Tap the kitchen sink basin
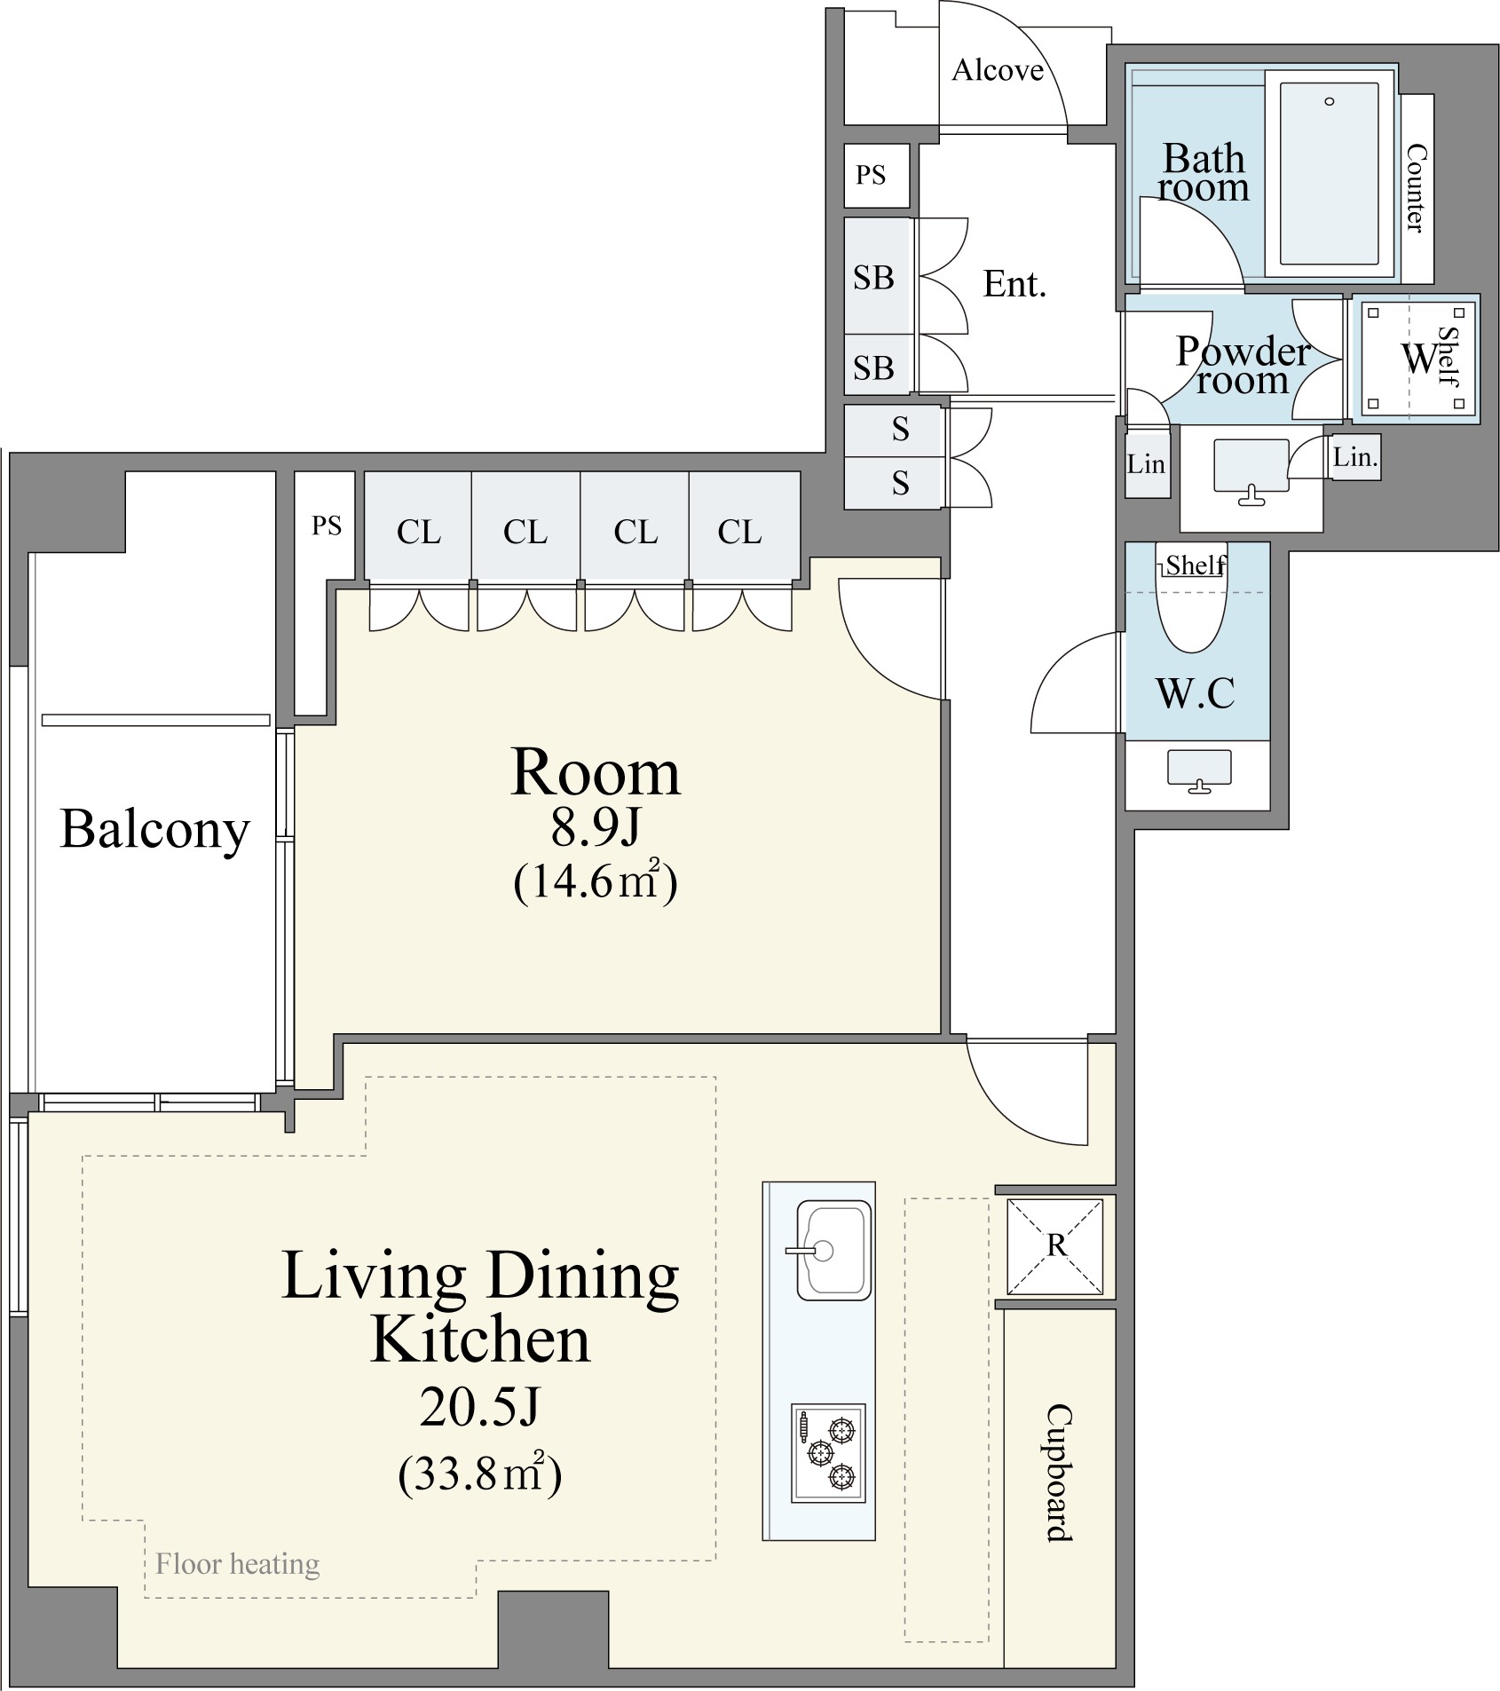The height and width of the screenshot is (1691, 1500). pos(833,1250)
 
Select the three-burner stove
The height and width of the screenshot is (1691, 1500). pos(828,1453)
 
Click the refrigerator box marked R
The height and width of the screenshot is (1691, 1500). pos(1055,1246)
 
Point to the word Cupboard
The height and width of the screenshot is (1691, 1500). pos(1059,1473)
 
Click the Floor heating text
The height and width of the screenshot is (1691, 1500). pos(237,1563)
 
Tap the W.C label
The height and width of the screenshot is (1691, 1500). pos(1196,692)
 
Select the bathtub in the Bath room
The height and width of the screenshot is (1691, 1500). pos(1329,174)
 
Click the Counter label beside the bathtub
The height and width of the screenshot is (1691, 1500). pos(1417,188)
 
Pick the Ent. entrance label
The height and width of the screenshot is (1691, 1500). pos(1014,284)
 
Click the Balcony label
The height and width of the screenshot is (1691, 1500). pos(155,830)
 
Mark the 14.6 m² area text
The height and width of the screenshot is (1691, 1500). pos(596,881)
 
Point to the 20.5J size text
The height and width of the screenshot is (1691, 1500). pos(479,1407)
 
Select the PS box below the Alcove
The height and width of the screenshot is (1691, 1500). pos(877,175)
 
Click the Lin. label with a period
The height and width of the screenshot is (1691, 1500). pos(1354,457)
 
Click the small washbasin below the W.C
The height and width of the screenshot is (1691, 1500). pos(1199,770)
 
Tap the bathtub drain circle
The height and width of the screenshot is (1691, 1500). pos(1329,101)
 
